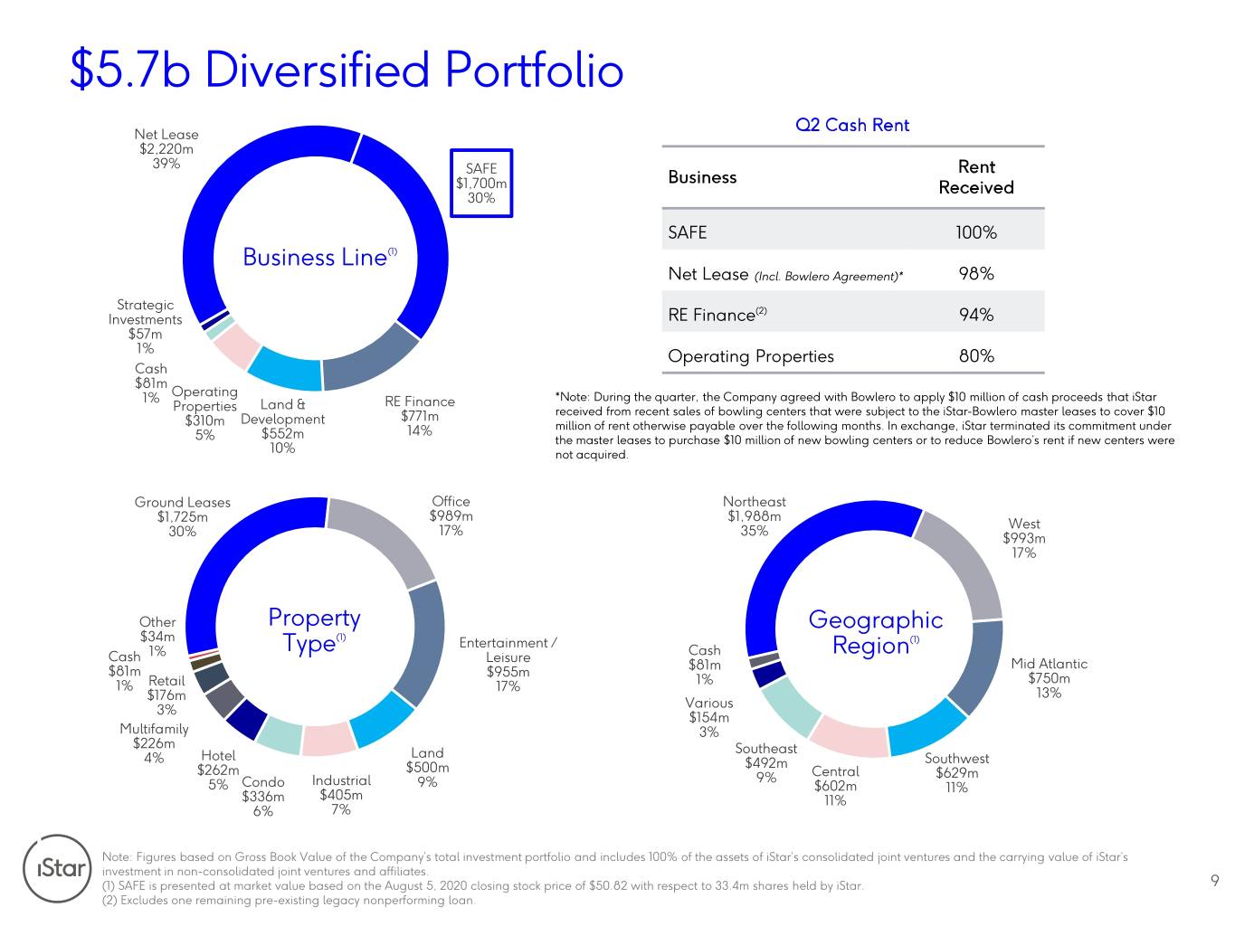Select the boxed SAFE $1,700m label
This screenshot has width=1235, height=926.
(x=481, y=183)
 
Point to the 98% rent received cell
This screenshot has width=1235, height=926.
(x=975, y=273)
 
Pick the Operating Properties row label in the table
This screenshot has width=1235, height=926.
(x=751, y=356)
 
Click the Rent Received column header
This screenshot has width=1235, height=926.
(x=975, y=177)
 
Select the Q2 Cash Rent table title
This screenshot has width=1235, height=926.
(x=852, y=125)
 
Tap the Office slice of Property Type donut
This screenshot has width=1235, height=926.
(x=384, y=539)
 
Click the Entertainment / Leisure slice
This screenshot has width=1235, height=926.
(x=424, y=642)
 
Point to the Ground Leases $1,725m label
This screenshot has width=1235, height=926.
(x=183, y=516)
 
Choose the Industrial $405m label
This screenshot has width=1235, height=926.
(x=341, y=795)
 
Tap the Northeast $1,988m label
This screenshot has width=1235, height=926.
(x=755, y=516)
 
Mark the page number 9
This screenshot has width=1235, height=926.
(x=1214, y=881)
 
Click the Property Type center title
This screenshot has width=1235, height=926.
(x=314, y=630)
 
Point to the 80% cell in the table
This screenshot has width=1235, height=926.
(x=975, y=356)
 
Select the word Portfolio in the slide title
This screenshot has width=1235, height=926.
(x=534, y=71)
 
